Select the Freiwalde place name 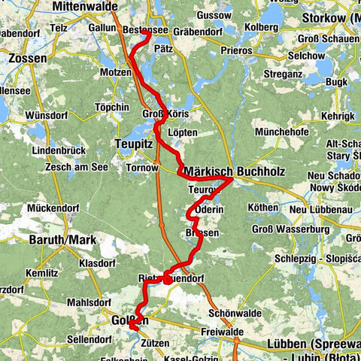[221, 330]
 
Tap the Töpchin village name [112, 108]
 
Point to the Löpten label [183, 132]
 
